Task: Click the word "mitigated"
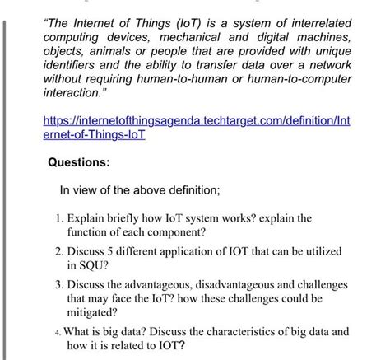[95, 314]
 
